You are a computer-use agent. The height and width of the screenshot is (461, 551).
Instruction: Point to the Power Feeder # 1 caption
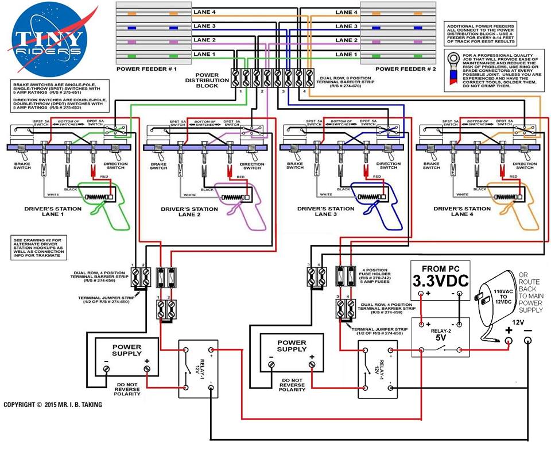tap(146, 68)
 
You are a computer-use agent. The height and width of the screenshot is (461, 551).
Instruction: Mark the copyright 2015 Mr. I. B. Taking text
tap(53, 405)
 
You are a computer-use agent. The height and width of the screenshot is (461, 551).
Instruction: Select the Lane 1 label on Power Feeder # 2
tap(347, 55)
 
